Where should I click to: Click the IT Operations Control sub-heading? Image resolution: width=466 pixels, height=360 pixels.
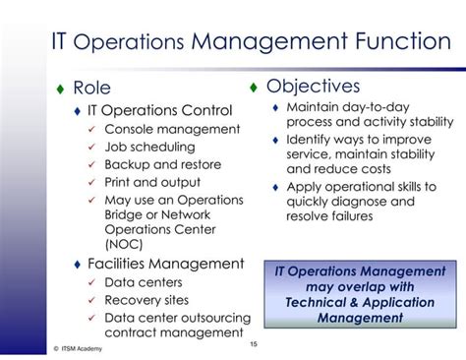(159, 110)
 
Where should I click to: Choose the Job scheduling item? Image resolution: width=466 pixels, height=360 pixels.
(150, 147)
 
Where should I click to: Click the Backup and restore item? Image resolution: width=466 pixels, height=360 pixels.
(162, 164)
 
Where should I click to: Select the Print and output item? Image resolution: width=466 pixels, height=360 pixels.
(154, 182)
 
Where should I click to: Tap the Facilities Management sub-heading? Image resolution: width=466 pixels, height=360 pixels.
(165, 263)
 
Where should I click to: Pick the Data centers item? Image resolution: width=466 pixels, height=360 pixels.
(144, 282)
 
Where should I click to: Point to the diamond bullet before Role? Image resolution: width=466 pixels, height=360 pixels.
(58, 90)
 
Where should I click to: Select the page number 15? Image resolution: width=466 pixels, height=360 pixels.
(254, 343)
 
